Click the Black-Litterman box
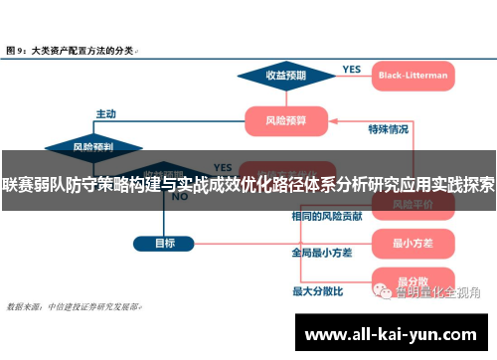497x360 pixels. (413, 75)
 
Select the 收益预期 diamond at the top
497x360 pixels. (284, 75)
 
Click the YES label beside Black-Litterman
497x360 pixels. (352, 69)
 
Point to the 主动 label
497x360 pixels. (106, 112)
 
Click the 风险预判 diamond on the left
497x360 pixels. (92, 146)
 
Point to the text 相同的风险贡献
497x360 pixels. (326, 216)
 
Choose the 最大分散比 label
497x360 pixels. (317, 291)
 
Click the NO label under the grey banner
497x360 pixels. (180, 197)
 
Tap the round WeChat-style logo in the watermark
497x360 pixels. (382, 291)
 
